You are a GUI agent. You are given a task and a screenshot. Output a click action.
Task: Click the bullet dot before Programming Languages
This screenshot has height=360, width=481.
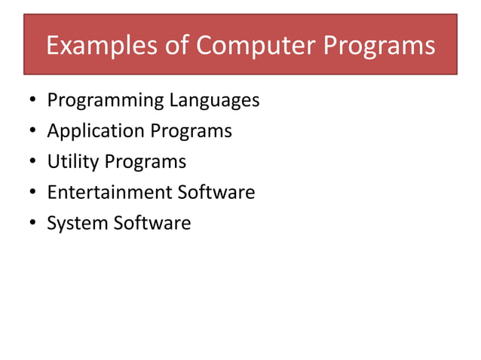click(32, 101)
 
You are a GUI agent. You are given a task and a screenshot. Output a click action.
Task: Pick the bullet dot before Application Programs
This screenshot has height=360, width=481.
click(32, 132)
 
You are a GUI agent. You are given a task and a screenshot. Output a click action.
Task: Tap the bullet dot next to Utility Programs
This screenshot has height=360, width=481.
click(32, 163)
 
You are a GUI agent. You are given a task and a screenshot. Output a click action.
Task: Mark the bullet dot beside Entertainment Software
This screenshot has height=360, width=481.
click(32, 194)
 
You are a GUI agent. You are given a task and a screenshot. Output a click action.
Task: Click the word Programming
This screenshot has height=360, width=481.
click(105, 101)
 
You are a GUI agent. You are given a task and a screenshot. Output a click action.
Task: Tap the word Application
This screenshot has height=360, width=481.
click(96, 132)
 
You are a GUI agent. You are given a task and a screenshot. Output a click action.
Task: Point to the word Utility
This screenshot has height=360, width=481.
click(72, 163)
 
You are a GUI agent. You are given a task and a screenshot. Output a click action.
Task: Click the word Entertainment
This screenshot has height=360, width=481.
click(109, 193)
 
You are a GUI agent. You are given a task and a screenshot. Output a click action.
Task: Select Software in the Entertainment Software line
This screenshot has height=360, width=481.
click(216, 193)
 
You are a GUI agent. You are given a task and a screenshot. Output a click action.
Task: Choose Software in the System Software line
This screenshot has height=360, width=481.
click(152, 224)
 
